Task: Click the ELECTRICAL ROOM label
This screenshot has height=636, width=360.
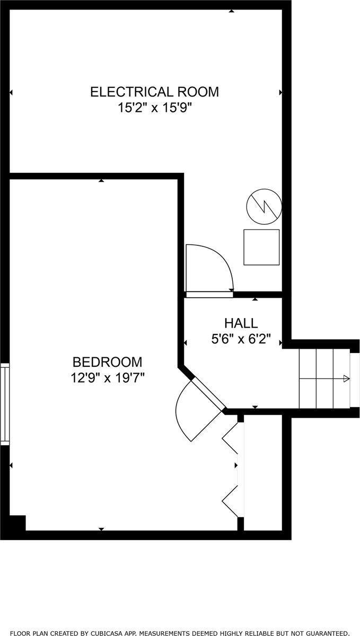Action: click(154, 92)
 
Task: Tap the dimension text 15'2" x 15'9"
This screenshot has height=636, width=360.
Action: click(154, 108)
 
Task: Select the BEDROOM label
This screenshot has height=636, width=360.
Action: click(107, 362)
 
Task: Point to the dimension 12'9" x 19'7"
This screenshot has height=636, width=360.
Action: click(108, 378)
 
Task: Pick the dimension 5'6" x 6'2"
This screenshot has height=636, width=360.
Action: click(241, 339)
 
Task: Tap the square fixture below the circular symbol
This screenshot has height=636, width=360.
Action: click(261, 247)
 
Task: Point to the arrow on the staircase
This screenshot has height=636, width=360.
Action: click(346, 378)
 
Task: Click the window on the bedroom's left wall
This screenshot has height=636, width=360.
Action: click(5, 404)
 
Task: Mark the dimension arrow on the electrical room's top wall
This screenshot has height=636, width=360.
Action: click(231, 11)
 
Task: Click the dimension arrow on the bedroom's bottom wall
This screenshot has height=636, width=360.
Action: click(101, 529)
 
